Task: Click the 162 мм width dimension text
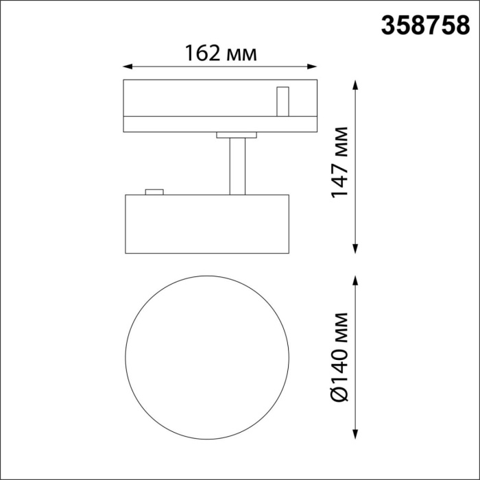(221, 53)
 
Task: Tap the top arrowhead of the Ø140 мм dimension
(356, 280)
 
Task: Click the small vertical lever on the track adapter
(282, 101)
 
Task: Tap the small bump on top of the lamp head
(154, 192)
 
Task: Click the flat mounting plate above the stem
(236, 135)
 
